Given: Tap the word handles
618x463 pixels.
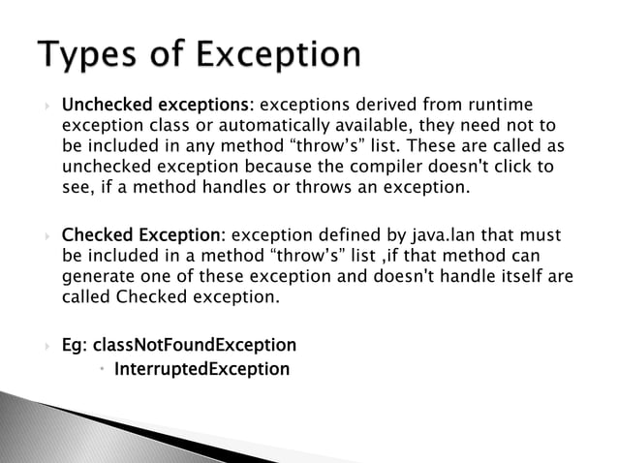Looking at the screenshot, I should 226,187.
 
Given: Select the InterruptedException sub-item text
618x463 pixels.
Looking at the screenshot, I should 201,368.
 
